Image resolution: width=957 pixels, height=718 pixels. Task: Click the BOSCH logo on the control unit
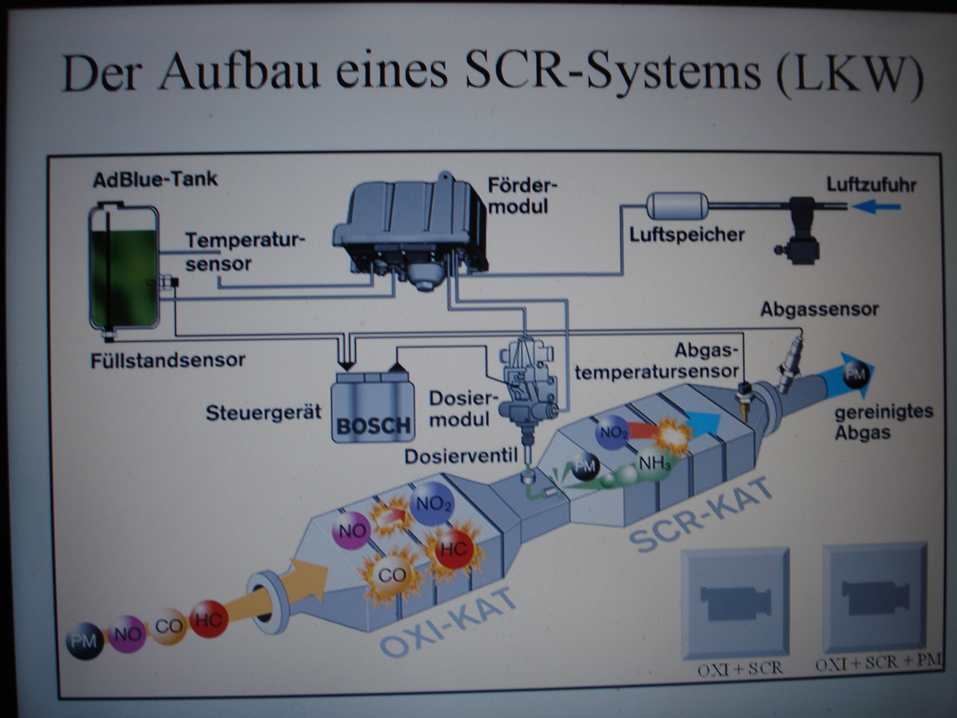point(373,425)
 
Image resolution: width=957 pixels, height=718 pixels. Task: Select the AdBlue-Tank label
point(155,179)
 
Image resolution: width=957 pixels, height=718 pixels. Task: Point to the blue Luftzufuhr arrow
point(876,206)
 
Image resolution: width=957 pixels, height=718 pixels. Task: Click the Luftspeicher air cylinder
point(677,207)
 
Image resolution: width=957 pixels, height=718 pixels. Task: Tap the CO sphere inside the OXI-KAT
point(392,575)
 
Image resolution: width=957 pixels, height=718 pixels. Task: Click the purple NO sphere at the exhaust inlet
point(128,634)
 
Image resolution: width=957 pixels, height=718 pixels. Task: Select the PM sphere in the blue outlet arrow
point(856,374)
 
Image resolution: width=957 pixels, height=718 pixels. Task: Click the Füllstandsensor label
point(168,360)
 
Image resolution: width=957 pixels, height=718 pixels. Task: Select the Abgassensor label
point(820,309)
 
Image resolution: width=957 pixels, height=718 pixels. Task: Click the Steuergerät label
point(264,413)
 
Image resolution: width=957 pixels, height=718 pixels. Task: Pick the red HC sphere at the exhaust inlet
point(208,619)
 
